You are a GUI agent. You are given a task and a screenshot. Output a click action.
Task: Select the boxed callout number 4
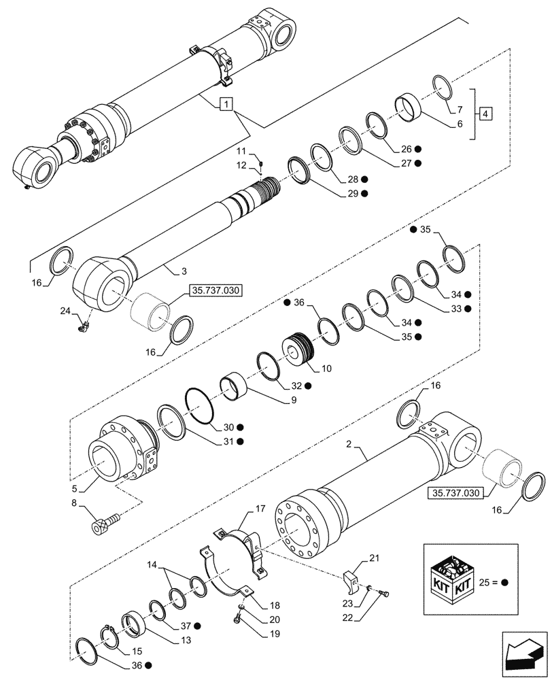pos(484,113)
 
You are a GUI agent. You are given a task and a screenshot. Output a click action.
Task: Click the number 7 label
pos(460,109)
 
